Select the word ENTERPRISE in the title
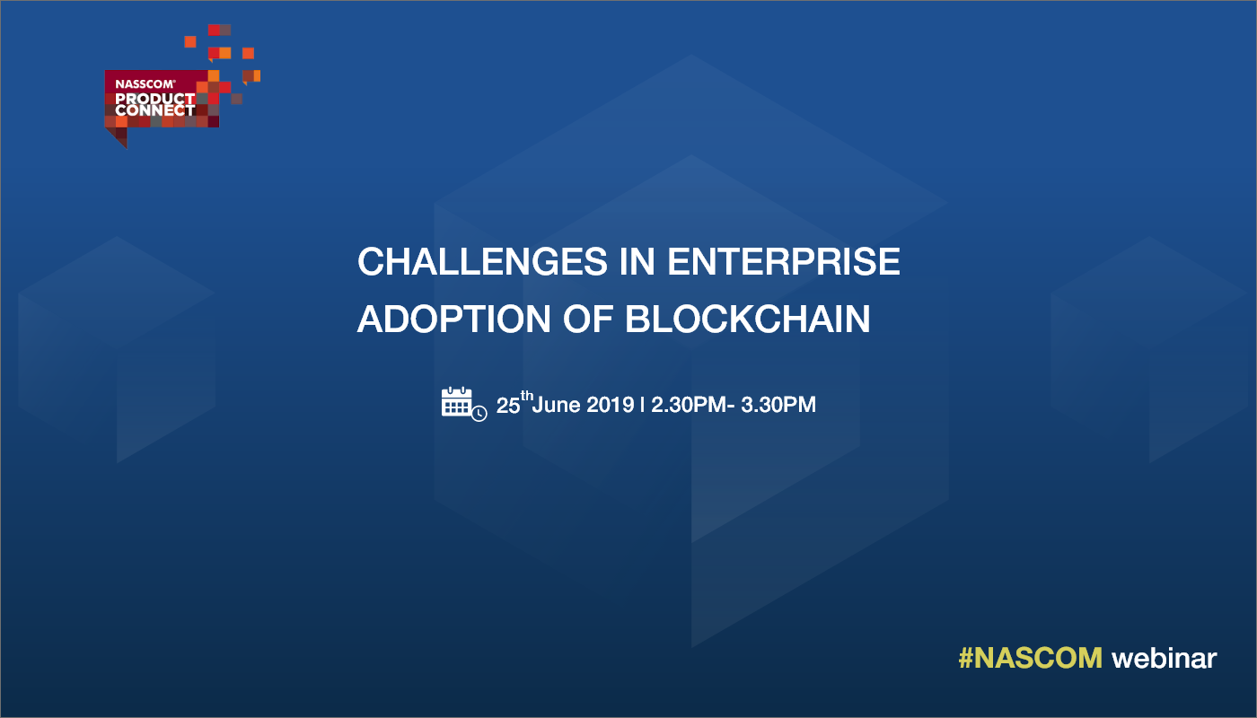784,262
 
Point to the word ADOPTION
454,320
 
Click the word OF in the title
587,320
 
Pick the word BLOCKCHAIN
747,320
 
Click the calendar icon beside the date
457,401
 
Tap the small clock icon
479,414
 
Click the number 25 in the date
508,406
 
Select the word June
556,405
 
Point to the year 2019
610,405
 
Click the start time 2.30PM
689,405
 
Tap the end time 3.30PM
778,405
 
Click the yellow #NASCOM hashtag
1031,658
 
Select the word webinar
1165,658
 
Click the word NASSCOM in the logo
145,84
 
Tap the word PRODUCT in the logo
154,99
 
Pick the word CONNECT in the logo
154,109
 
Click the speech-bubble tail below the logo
120,136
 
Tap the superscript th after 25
526,395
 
